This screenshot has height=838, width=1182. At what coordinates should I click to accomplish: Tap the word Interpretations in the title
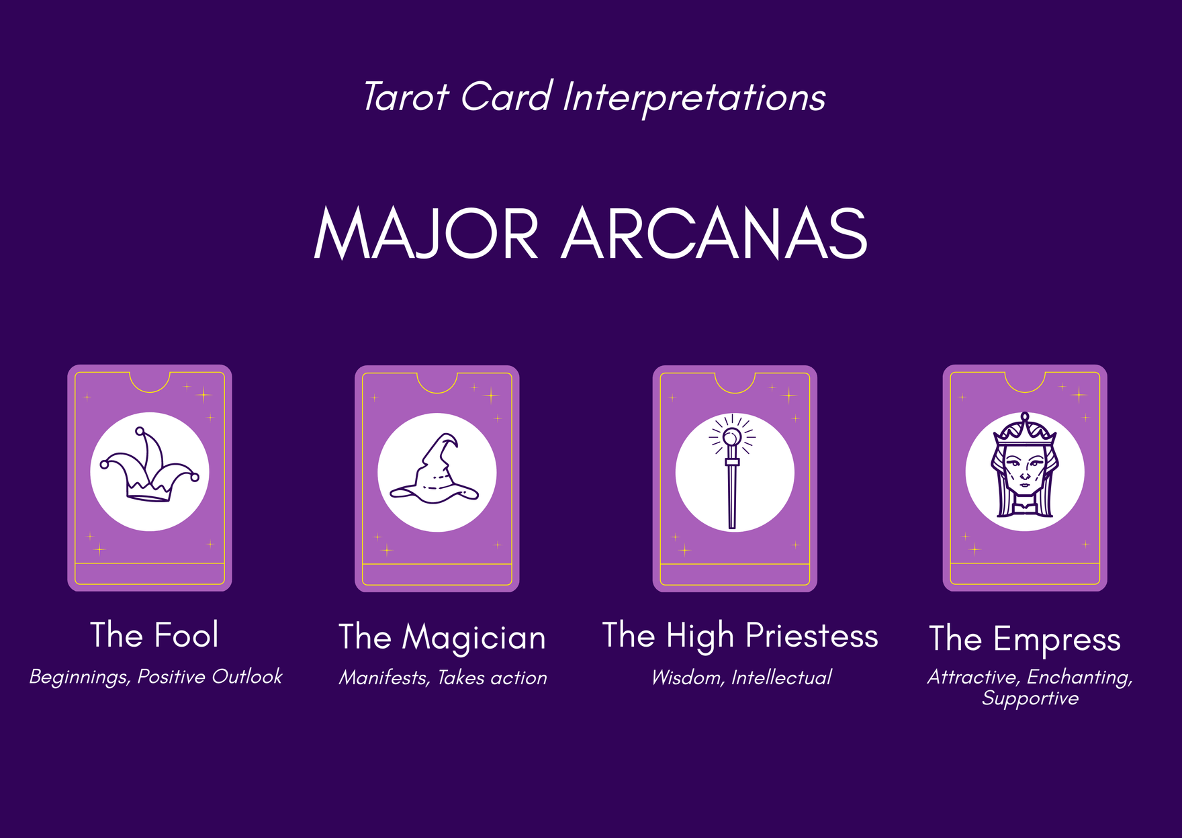point(694,98)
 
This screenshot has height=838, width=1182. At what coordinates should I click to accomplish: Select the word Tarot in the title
point(406,97)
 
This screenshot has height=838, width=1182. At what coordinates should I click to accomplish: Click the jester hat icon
point(149,465)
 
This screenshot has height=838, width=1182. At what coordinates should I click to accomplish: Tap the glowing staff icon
point(732,471)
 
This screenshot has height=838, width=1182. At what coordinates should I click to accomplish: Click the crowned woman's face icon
point(1024,465)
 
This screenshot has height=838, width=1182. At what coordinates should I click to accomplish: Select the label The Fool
point(154,635)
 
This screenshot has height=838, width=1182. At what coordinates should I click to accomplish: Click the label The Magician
point(442,637)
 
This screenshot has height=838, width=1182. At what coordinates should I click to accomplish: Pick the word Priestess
point(811,635)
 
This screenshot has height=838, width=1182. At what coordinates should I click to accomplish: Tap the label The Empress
point(1025,639)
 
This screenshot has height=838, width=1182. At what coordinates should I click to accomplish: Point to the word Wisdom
point(688,678)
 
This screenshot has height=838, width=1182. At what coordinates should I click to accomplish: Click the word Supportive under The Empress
point(1030,699)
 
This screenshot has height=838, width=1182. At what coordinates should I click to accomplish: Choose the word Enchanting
point(1080,678)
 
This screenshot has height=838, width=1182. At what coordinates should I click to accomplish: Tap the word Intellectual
point(782,678)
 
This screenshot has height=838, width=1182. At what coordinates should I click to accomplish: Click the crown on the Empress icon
point(1025,429)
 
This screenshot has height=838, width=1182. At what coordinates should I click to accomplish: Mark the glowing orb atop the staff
point(731,438)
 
